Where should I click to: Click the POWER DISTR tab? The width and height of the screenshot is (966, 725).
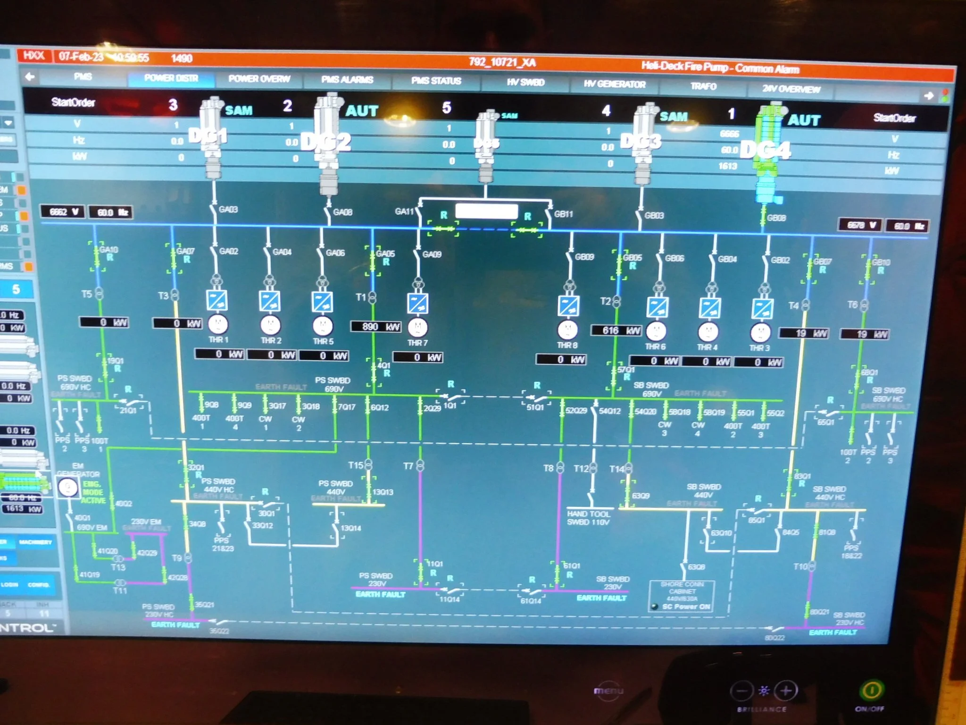pos(171,78)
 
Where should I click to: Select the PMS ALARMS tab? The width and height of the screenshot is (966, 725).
pos(347,80)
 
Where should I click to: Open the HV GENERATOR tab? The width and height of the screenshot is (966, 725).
pos(614,84)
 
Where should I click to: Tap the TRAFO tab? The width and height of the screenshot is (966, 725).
pos(703,86)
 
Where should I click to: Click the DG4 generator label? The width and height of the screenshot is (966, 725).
pos(765,151)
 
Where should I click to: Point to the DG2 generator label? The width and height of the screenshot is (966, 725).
pos(326,142)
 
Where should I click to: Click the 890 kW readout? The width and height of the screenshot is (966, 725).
pos(375,327)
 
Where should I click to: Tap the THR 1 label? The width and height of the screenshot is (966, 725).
pos(218,340)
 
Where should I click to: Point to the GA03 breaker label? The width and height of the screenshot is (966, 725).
pos(228,209)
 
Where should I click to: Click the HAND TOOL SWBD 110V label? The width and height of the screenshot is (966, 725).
pos(588,518)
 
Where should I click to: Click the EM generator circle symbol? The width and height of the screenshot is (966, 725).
pos(68,487)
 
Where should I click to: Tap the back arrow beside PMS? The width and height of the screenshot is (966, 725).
pos(30,76)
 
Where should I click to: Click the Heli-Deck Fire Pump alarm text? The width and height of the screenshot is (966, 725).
pos(720,67)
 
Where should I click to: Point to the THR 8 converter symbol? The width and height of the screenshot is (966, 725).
pos(569,306)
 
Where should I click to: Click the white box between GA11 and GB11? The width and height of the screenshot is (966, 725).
pos(486,211)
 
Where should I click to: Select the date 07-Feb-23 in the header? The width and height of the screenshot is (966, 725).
pos(81,57)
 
